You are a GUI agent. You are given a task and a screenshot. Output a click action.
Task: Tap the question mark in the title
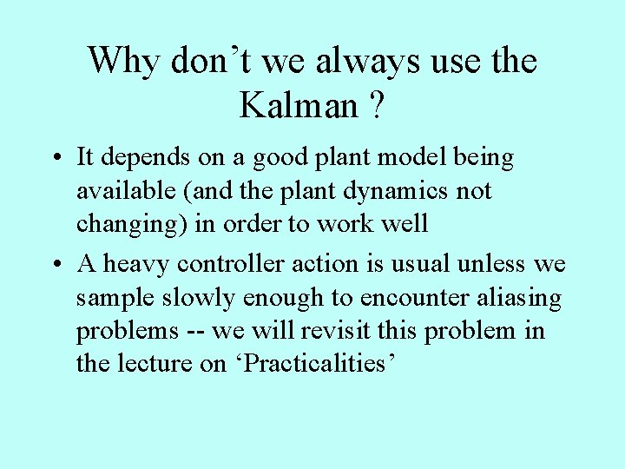pyautogui.click(x=376, y=105)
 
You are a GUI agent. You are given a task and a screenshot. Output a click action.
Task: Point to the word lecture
pyautogui.click(x=154, y=363)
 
